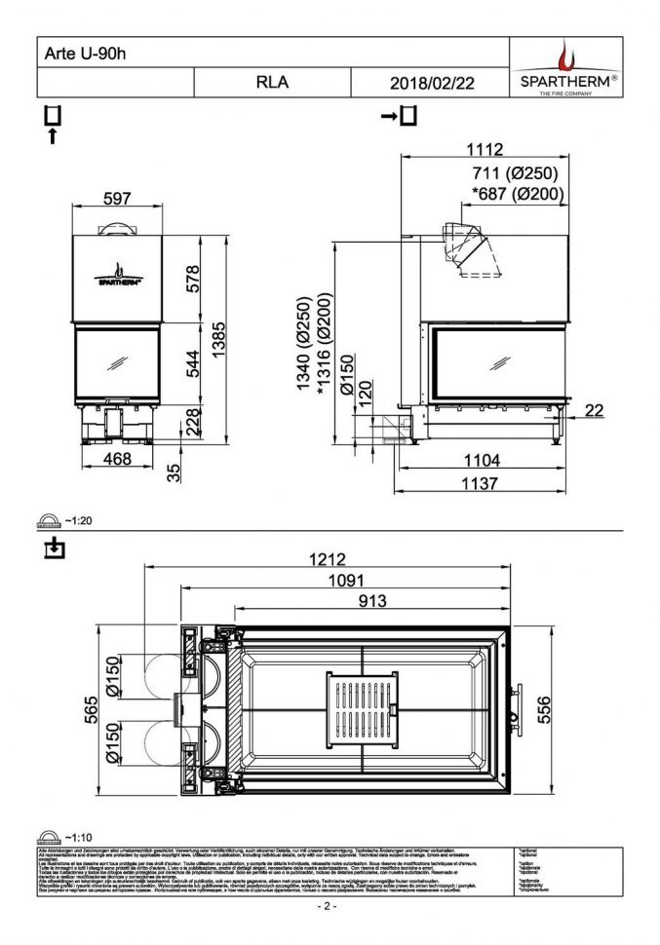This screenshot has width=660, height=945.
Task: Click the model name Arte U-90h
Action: point(86,53)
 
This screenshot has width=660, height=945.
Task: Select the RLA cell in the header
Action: point(272,83)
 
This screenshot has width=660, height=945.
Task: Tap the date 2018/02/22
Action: point(431,83)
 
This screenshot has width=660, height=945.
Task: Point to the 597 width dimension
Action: point(116,199)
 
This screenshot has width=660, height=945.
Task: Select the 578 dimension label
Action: point(193,278)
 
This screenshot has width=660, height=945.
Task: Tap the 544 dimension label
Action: point(193,361)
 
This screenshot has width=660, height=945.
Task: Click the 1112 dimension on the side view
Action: point(485,149)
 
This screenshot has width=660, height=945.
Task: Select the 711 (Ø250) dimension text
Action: point(514,174)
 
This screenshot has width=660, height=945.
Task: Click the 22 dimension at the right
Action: point(594,410)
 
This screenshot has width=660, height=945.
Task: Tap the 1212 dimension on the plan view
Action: point(328,559)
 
